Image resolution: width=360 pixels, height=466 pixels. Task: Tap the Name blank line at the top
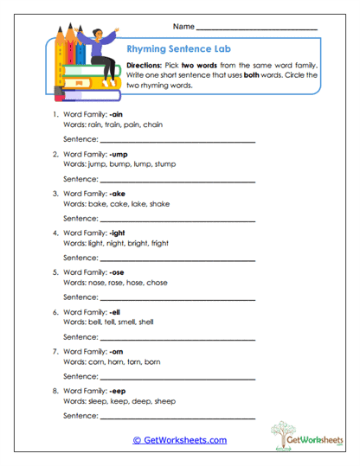tap(256, 29)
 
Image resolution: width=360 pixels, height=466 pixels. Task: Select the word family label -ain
tap(117, 114)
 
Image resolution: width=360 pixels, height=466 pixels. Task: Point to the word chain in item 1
tap(153, 124)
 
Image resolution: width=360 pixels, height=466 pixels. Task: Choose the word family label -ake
tap(118, 193)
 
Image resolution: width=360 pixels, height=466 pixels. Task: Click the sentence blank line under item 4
tap(177, 258)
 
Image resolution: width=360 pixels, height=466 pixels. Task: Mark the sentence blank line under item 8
tap(177, 416)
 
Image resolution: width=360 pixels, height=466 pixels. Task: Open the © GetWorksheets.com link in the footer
tap(180, 440)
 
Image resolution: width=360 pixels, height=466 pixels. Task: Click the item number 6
tap(55, 311)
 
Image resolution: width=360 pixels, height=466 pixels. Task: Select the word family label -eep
tap(119, 391)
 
